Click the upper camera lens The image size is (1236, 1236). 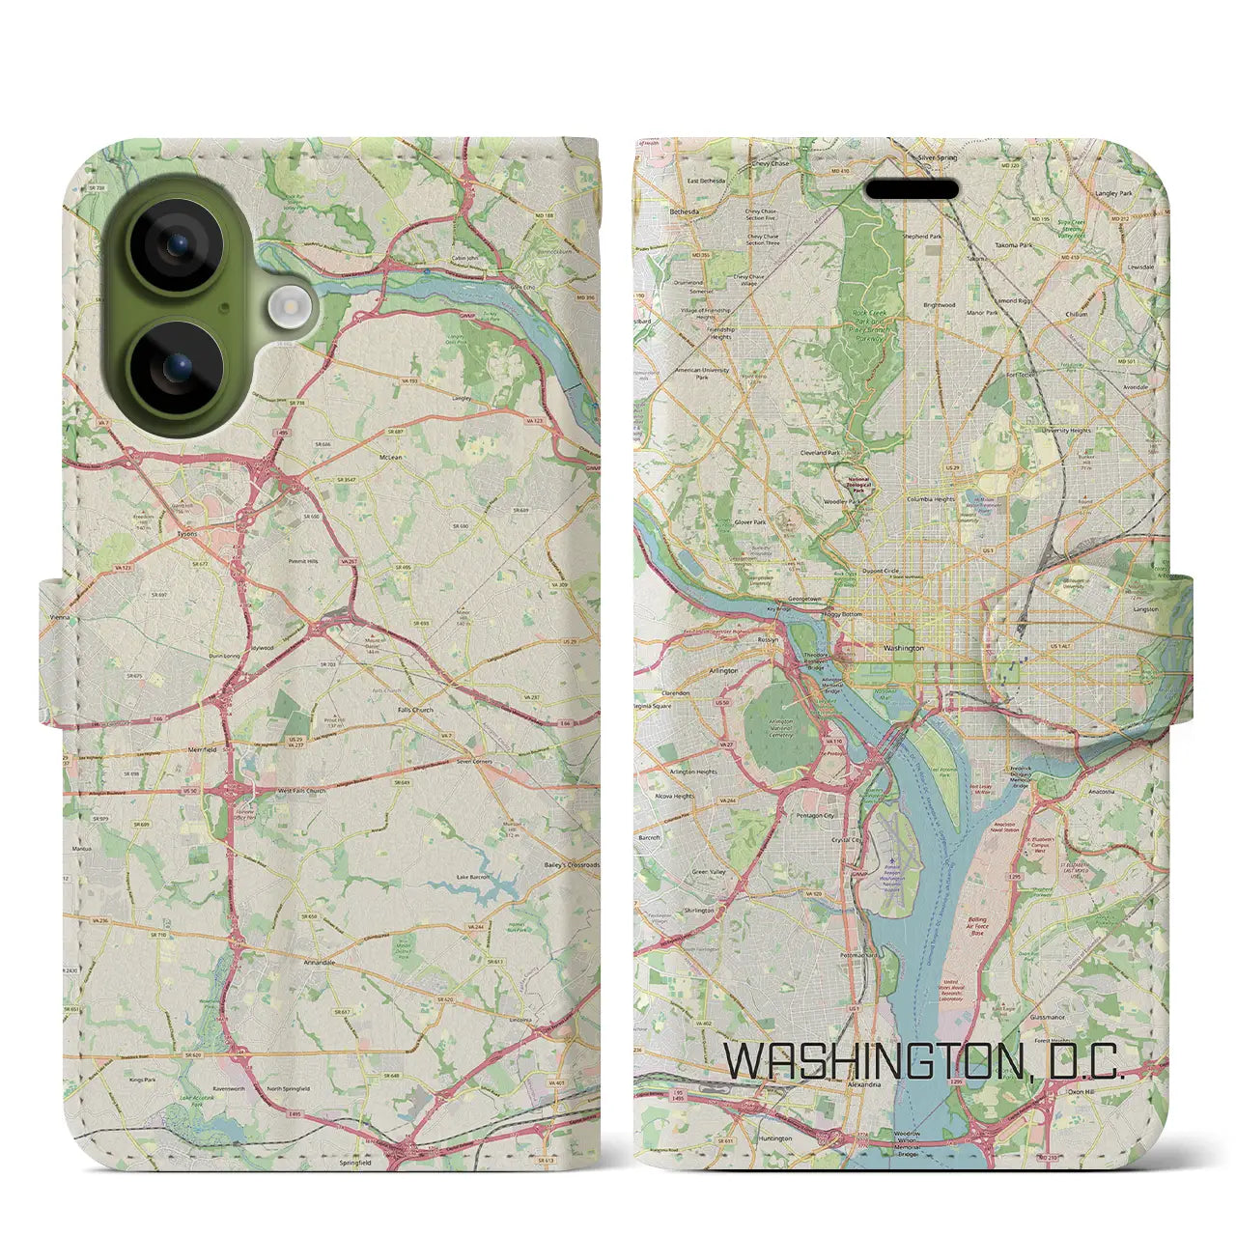pyautogui.click(x=176, y=246)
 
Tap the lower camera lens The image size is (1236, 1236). pyautogui.click(x=176, y=368)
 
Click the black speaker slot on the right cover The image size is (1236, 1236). pyautogui.click(x=912, y=189)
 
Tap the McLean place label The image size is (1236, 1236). pyautogui.click(x=391, y=459)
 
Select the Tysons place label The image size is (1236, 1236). pyautogui.click(x=187, y=533)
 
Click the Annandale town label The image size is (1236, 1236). pyautogui.click(x=319, y=963)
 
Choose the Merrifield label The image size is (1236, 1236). pyautogui.click(x=202, y=749)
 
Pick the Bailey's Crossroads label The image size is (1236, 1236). pyautogui.click(x=572, y=865)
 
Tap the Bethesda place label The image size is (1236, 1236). pyautogui.click(x=684, y=210)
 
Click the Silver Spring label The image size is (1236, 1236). pyautogui.click(x=937, y=157)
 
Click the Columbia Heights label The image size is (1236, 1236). pyautogui.click(x=930, y=499)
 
